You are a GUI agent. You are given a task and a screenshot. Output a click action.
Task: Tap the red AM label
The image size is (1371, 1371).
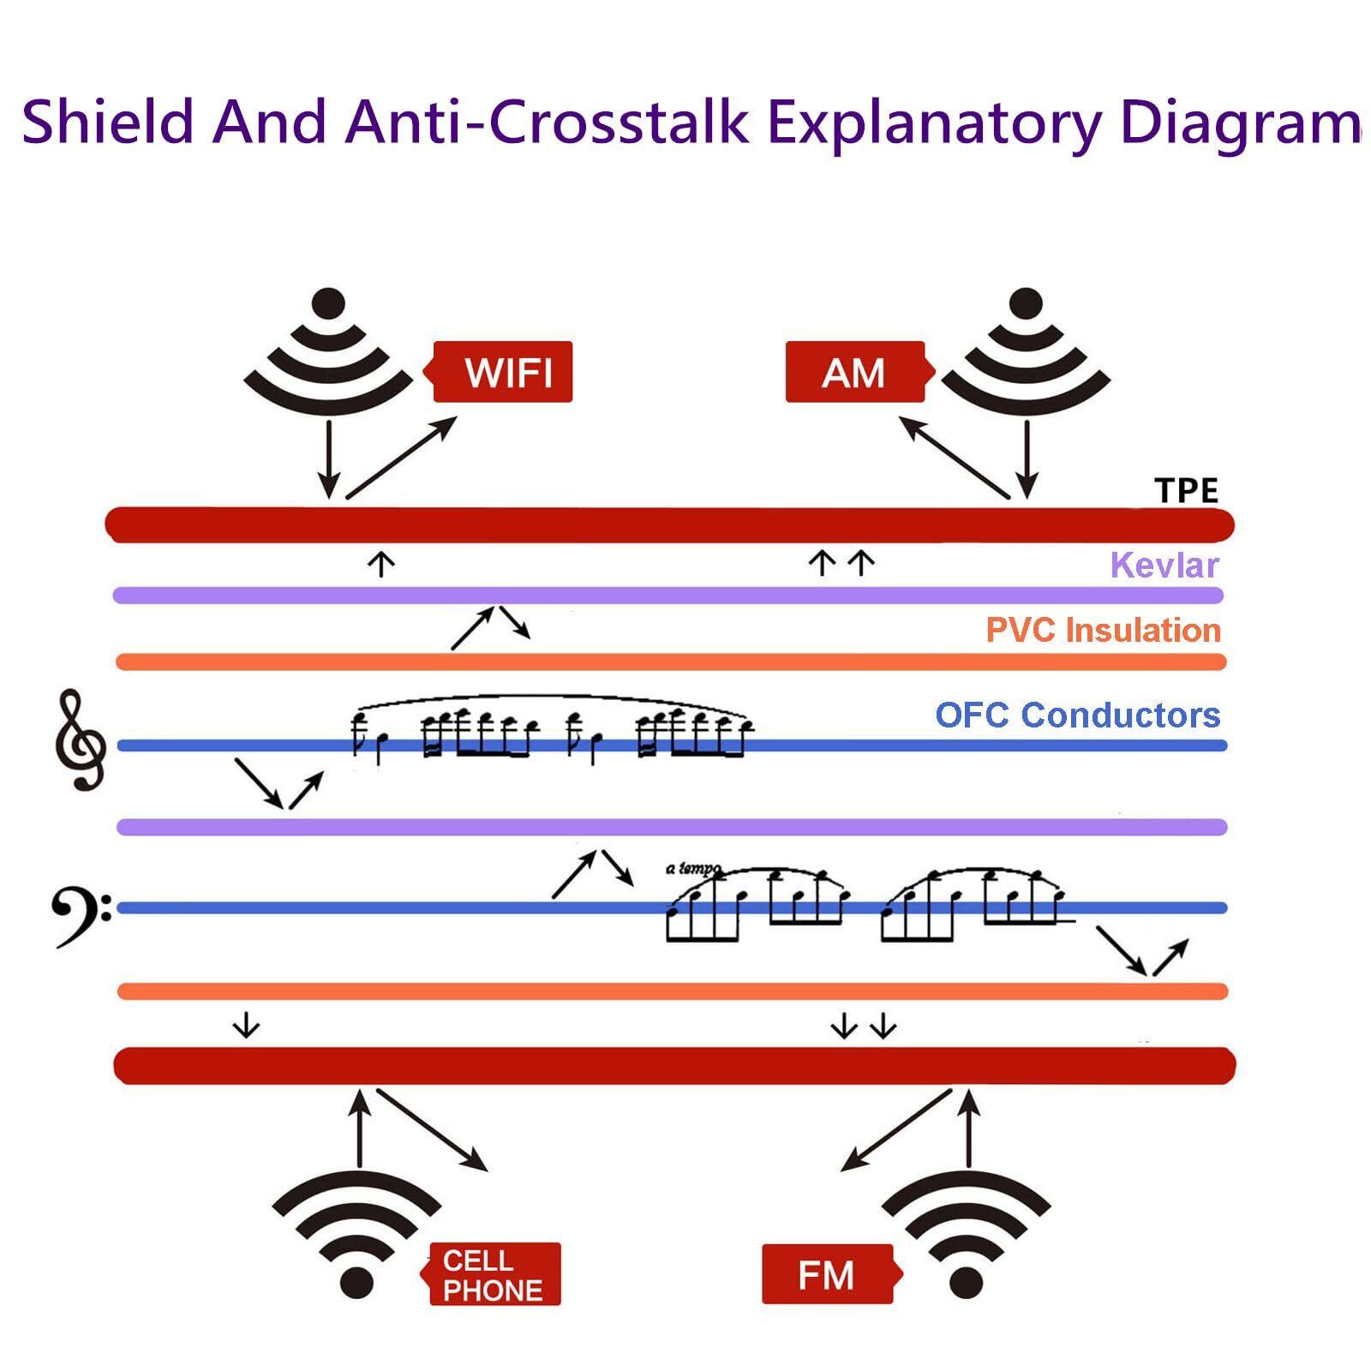click(855, 372)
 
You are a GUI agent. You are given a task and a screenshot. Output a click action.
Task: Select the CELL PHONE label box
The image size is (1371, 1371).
click(494, 1274)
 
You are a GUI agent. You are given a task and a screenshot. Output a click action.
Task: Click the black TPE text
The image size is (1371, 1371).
click(1186, 491)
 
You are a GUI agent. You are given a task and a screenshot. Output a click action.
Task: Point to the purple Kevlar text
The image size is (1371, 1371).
click(1164, 566)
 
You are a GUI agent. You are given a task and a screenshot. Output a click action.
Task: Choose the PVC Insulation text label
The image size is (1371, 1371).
click(1103, 631)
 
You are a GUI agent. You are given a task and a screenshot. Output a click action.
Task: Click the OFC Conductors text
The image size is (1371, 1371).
click(1077, 715)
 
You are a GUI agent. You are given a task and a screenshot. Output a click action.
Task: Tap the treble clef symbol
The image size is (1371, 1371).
click(80, 739)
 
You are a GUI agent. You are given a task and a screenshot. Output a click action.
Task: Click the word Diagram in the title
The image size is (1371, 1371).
click(1240, 122)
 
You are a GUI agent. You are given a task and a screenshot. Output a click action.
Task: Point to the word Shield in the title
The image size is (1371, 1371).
click(109, 122)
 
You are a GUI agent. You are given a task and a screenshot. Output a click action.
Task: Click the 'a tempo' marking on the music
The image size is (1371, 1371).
click(693, 869)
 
